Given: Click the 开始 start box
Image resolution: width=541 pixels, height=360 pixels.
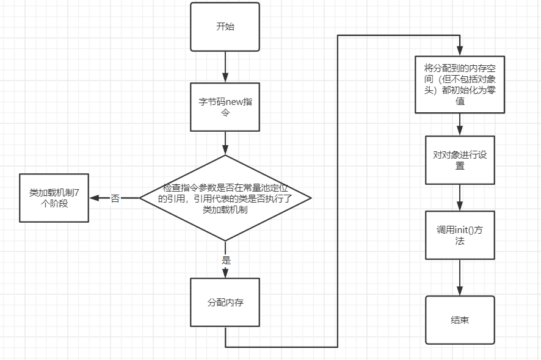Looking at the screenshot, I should pyautogui.click(x=225, y=27).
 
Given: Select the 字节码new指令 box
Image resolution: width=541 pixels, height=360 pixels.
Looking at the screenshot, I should pyautogui.click(x=225, y=107).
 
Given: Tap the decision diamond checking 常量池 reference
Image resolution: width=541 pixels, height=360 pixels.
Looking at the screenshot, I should pyautogui.click(x=225, y=198).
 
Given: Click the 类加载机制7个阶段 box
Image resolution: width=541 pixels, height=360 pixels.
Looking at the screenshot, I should pyautogui.click(x=54, y=198).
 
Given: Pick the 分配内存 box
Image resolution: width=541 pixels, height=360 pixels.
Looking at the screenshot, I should pyautogui.click(x=225, y=302).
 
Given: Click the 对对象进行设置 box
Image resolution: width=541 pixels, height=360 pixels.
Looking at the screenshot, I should pyautogui.click(x=460, y=160).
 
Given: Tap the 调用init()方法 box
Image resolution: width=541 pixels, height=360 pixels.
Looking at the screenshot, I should pyautogui.click(x=460, y=235).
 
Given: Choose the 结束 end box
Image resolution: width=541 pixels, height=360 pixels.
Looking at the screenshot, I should pyautogui.click(x=460, y=320).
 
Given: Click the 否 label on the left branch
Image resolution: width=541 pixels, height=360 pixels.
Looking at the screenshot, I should pyautogui.click(x=115, y=198).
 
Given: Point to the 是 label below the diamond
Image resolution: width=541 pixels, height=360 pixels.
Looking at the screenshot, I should pyautogui.click(x=226, y=261).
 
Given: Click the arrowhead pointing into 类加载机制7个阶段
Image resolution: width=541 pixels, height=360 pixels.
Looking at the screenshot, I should pyautogui.click(x=94, y=198).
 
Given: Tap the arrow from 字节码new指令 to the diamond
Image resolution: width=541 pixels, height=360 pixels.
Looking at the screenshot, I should pyautogui.click(x=225, y=143).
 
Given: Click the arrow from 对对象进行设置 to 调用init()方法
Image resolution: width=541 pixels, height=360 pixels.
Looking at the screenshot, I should pyautogui.click(x=460, y=197).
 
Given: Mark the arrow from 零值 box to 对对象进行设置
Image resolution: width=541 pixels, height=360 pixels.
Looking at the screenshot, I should pyautogui.click(x=460, y=125).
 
